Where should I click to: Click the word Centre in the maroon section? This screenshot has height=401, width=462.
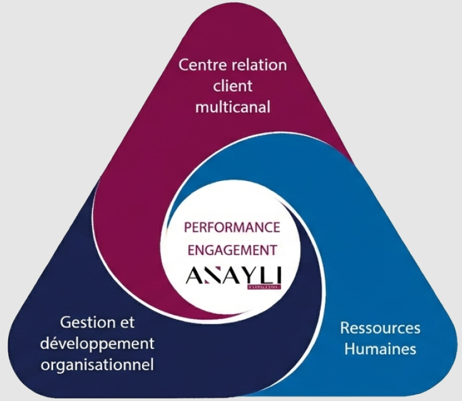(x=199, y=65)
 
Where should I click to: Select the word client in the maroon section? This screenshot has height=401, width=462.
(x=232, y=86)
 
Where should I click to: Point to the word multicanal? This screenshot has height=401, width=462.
(x=232, y=107)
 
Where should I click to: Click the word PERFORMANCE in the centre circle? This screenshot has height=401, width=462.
(x=232, y=226)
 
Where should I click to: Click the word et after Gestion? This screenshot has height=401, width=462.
(x=127, y=323)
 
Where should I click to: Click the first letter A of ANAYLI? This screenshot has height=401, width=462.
(x=192, y=276)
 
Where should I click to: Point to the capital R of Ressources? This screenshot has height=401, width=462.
(x=345, y=328)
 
